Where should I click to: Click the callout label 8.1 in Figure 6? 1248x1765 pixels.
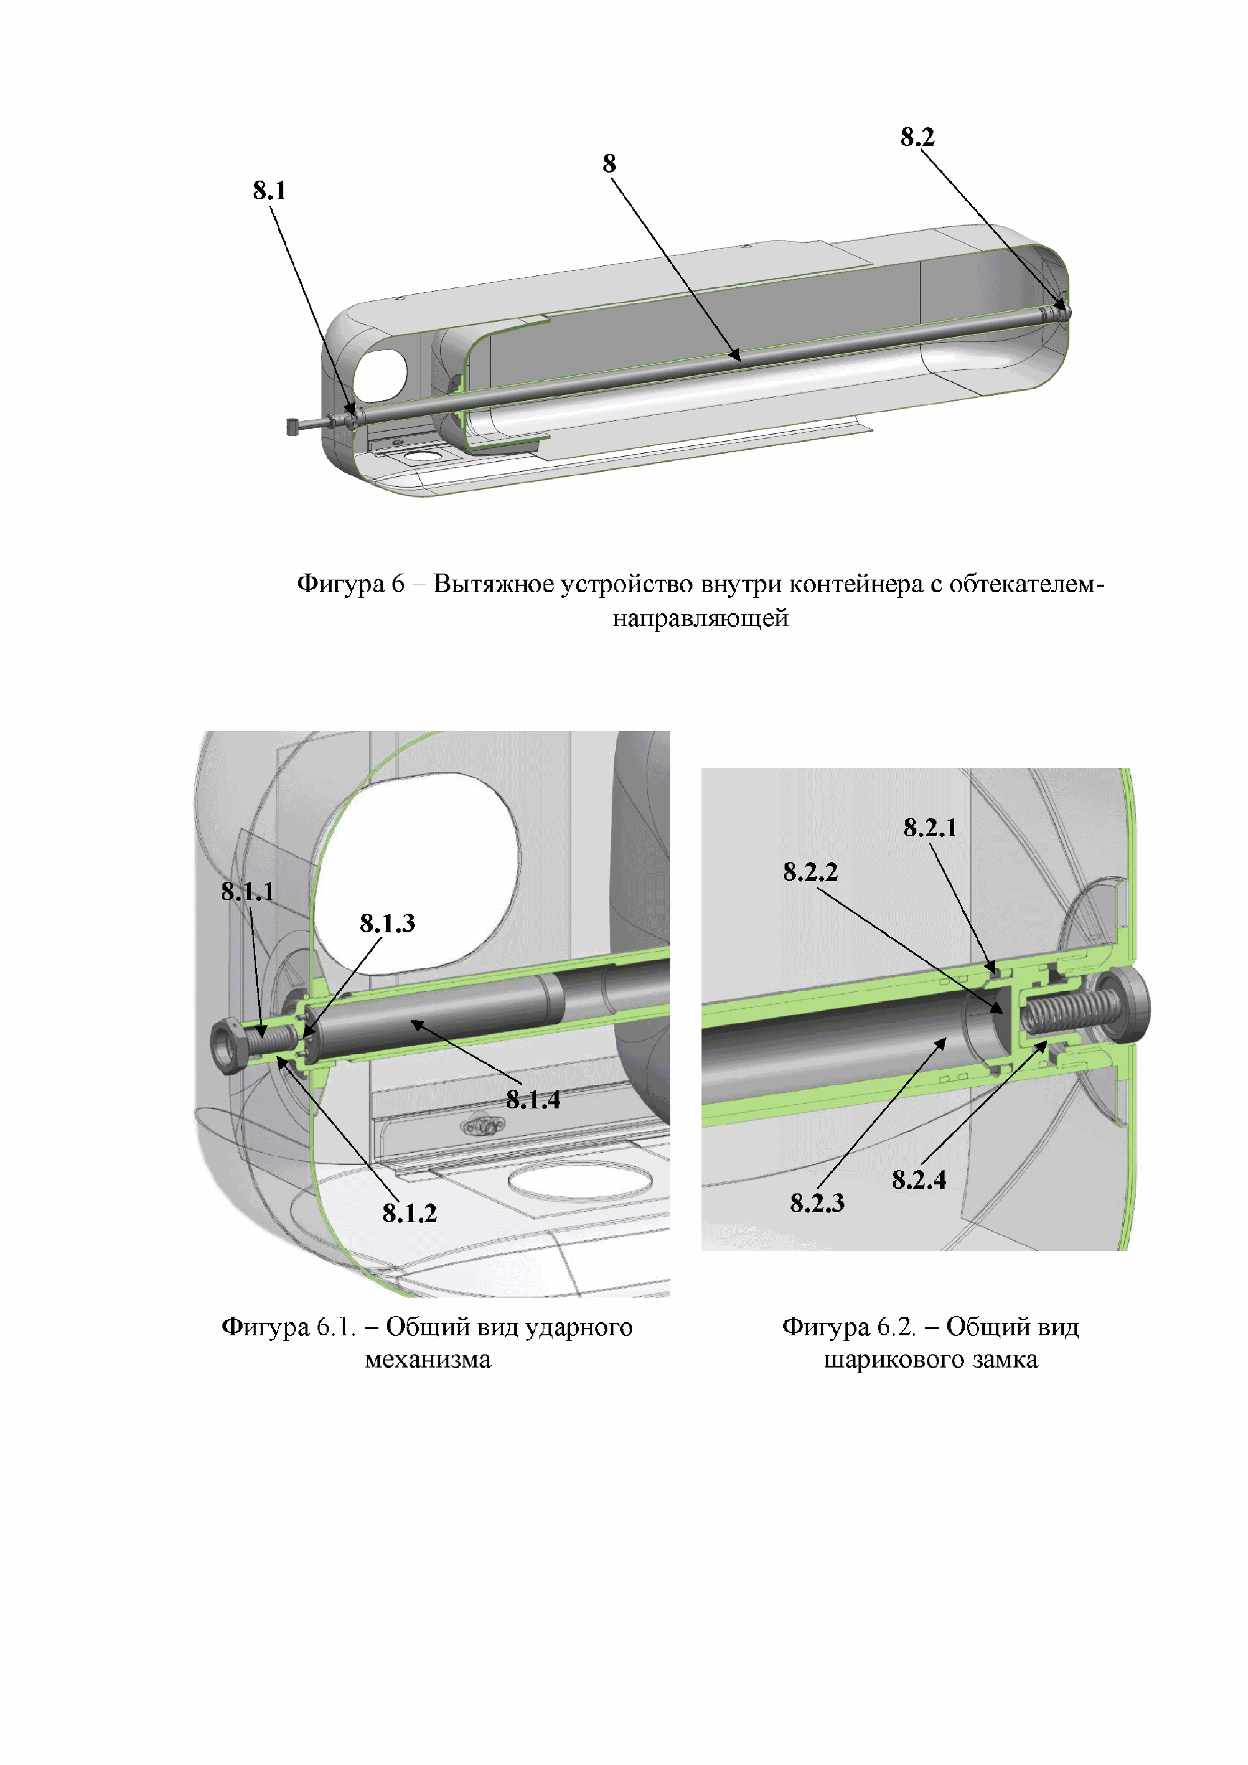269,191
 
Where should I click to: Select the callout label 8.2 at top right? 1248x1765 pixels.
917,137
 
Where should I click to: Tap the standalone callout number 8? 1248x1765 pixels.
609,164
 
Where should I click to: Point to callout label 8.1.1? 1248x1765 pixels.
248,892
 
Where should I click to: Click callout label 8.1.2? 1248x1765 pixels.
409,1213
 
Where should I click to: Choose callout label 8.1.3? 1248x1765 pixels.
387,923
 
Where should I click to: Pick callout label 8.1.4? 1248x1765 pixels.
533,1100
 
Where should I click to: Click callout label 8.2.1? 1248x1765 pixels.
930,828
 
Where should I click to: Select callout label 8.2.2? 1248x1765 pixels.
811,872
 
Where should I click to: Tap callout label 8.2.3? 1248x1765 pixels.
817,1203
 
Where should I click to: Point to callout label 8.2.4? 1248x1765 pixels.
919,1180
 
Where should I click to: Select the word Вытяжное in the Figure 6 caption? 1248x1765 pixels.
493,584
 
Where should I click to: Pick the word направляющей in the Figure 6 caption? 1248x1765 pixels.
700,618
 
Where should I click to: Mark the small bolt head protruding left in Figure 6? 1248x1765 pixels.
292,426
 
